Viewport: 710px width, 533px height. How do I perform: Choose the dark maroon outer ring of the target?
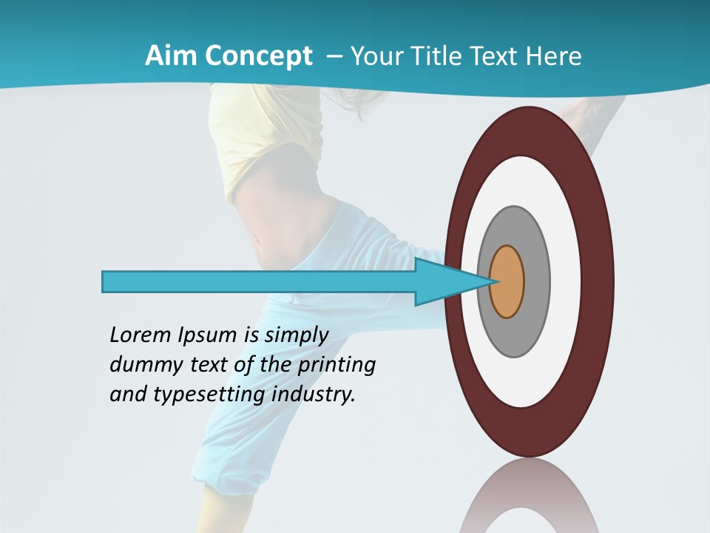coord(599,282)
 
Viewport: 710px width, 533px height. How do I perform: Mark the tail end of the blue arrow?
coord(105,281)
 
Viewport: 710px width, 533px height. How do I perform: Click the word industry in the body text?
coord(314,395)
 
